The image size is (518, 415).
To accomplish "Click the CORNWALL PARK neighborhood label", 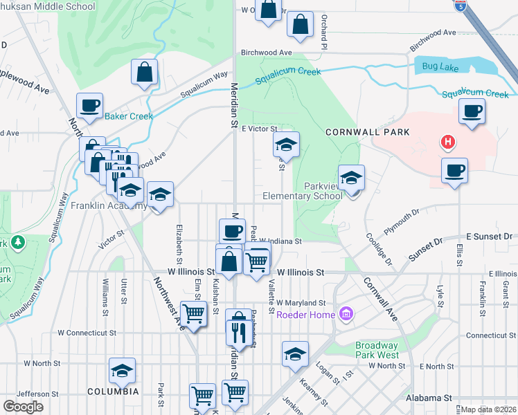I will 368,131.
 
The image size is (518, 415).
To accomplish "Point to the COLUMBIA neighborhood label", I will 113,391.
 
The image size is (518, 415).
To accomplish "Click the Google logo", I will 23,407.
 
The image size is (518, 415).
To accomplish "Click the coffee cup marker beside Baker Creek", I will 89,107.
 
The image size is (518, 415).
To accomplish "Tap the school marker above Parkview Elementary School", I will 351,178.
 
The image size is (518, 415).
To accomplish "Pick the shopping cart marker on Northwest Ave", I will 193,314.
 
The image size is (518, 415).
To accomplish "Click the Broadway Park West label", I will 377,350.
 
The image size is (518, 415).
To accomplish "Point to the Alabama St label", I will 429,398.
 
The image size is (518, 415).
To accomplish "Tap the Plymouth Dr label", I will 402,221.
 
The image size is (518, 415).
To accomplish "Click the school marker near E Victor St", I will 285,145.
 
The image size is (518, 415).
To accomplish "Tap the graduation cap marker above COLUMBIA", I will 123,372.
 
